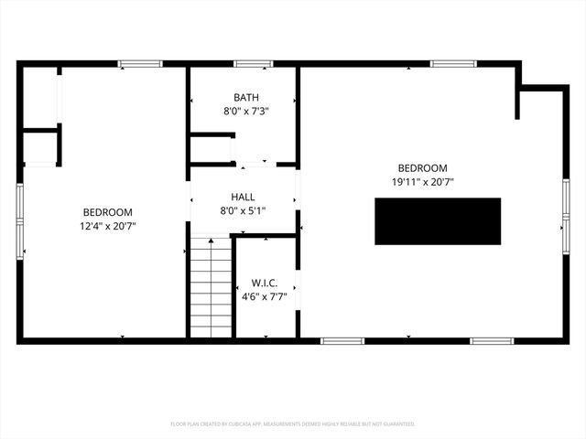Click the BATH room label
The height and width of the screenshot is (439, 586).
pyautogui.click(x=245, y=97)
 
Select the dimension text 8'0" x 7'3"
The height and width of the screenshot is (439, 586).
pyautogui.click(x=245, y=111)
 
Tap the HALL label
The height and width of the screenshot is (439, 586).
pyautogui.click(x=243, y=197)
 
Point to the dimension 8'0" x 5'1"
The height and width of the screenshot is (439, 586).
pyautogui.click(x=243, y=210)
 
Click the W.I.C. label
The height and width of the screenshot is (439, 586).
pyautogui.click(x=265, y=283)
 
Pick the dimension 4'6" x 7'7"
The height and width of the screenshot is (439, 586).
pyautogui.click(x=265, y=296)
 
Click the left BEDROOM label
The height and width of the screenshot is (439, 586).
pyautogui.click(x=107, y=211)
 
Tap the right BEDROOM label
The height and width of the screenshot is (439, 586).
pyautogui.click(x=422, y=168)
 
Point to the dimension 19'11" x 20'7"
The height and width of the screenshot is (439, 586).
pyautogui.click(x=422, y=182)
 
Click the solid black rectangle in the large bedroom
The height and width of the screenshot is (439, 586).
pyautogui.click(x=438, y=221)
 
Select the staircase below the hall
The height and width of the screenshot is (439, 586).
pyautogui.click(x=210, y=287)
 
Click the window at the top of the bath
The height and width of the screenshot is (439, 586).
pyautogui.click(x=253, y=64)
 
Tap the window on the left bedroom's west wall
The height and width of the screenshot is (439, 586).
pyautogui.click(x=20, y=220)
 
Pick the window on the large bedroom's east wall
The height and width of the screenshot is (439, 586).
pyautogui.click(x=566, y=216)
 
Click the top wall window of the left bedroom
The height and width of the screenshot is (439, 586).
pyautogui.click(x=140, y=64)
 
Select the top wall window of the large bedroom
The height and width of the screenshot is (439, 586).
pyautogui.click(x=453, y=64)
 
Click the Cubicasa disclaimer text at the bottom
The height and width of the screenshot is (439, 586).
pyautogui.click(x=293, y=424)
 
